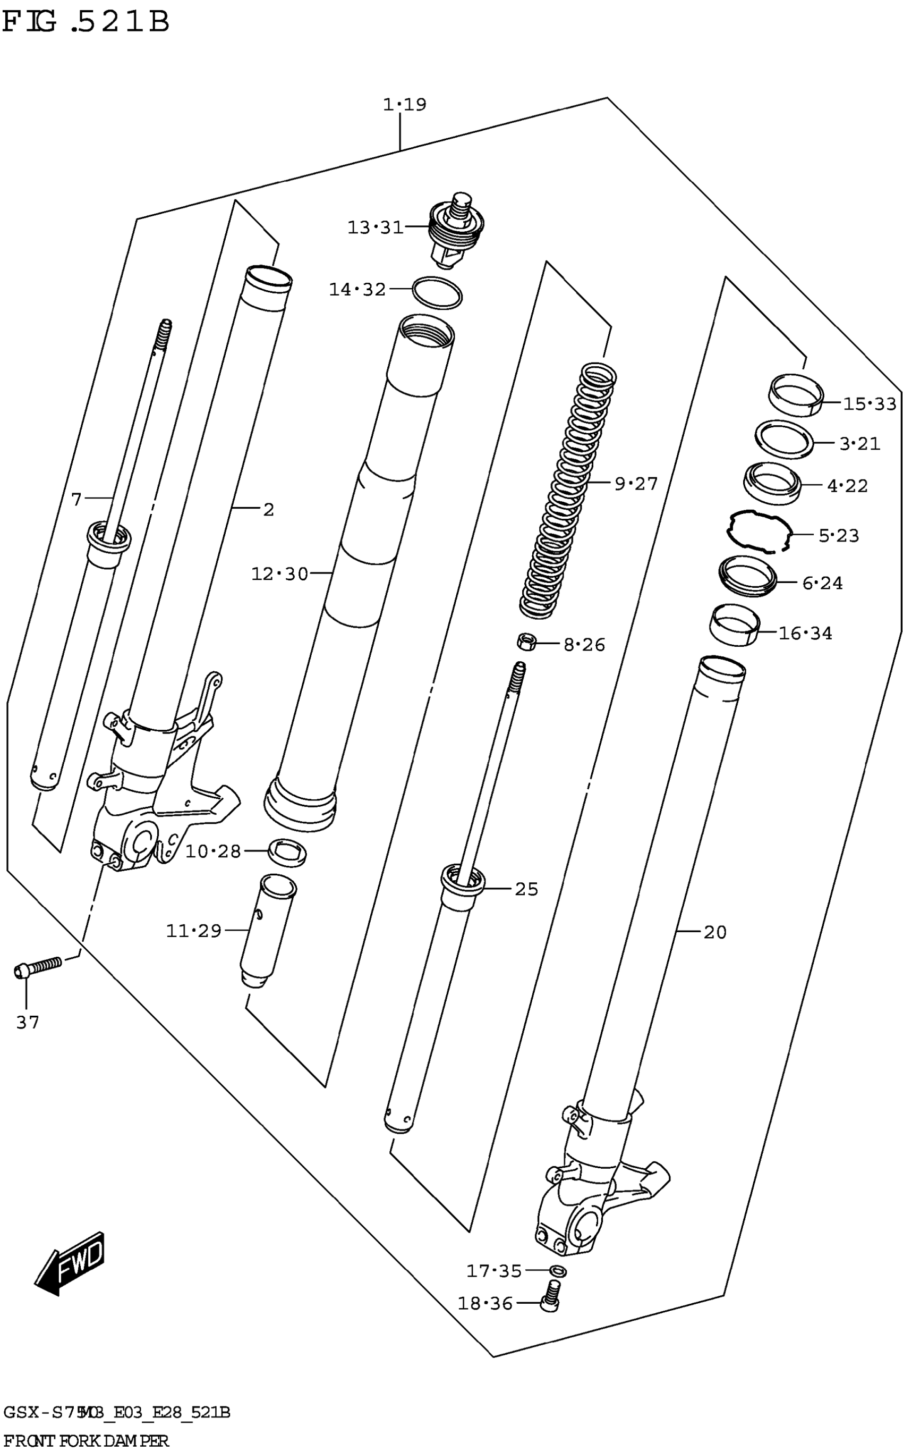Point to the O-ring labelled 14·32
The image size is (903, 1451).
437,293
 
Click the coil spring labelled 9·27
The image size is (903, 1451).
567,490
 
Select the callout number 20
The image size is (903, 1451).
714,932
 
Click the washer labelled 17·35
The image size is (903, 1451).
557,1271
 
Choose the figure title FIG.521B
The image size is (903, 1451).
86,22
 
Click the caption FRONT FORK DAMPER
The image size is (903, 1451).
86,1440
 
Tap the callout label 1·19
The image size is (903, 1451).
404,105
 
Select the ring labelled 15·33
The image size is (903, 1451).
795,394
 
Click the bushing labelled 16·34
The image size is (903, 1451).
735,625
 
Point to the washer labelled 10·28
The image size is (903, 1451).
288,851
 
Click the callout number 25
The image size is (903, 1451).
526,889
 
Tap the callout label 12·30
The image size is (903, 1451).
279,575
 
